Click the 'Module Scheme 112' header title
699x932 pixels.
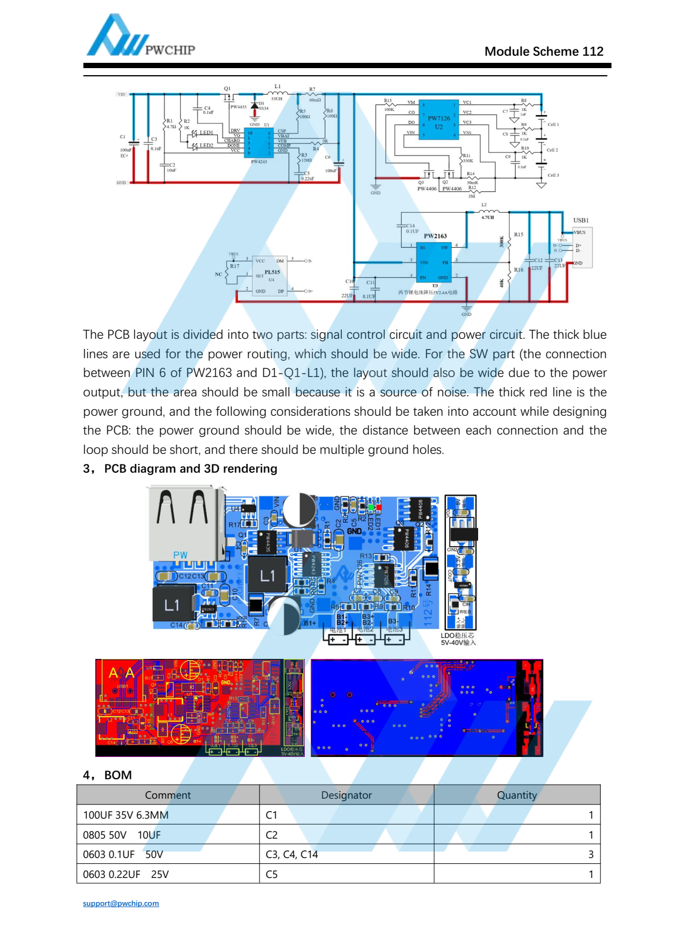point(543,52)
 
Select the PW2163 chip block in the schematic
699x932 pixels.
point(435,261)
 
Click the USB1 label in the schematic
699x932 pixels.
point(580,220)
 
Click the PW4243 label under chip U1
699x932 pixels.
point(258,161)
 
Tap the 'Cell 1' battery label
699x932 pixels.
point(553,125)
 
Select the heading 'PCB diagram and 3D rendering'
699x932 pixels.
point(190,469)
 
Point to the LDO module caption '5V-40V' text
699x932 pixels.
point(458,642)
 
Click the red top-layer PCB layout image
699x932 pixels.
point(200,708)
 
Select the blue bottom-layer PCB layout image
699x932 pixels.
point(426,708)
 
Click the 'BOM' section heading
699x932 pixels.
point(117,775)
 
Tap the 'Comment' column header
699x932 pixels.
point(168,795)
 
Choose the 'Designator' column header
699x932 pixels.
point(347,795)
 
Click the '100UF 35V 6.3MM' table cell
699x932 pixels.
point(126,815)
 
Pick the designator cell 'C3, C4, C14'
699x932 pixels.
point(292,854)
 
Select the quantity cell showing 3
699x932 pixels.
point(590,854)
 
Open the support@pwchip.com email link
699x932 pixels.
point(121,903)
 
